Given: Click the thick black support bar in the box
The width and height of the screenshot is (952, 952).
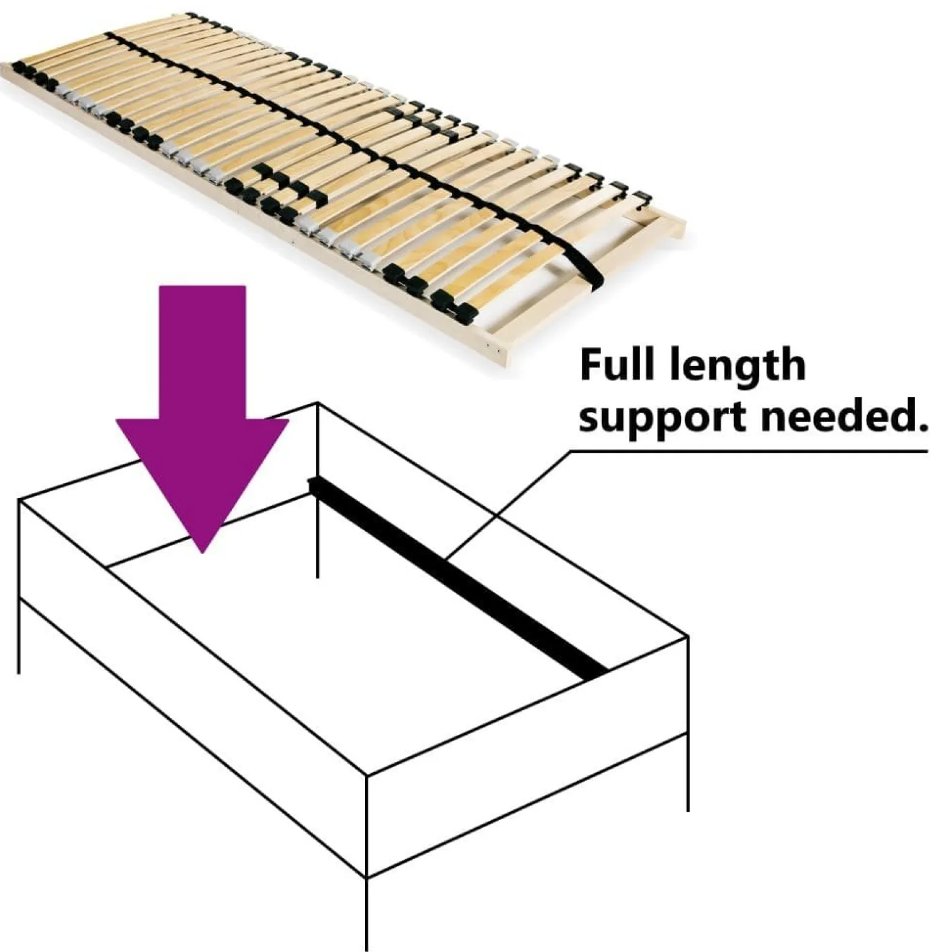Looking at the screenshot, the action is [x=458, y=579].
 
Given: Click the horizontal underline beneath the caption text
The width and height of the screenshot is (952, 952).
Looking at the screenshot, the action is [x=749, y=452].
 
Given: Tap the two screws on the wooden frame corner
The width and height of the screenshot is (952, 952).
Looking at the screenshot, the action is [x=492, y=348].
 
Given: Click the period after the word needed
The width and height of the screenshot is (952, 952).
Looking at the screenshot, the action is [x=920, y=427].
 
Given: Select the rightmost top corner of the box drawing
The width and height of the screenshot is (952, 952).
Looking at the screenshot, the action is [x=688, y=638].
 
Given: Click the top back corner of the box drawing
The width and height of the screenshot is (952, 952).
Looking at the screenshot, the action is [x=318, y=403].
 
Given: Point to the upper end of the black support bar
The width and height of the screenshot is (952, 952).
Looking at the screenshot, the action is [x=312, y=483].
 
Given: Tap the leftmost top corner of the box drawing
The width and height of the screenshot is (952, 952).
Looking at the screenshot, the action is [x=20, y=501].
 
